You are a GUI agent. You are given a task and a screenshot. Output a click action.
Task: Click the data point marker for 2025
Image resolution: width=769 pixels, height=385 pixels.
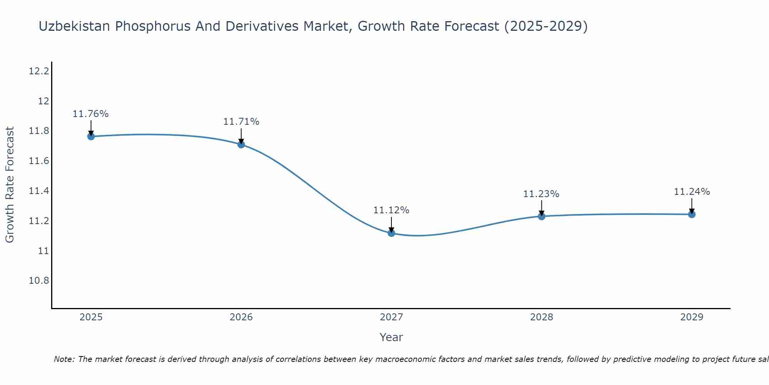(91, 136)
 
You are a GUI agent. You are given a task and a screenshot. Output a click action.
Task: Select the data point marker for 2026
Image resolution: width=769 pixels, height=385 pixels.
(241, 144)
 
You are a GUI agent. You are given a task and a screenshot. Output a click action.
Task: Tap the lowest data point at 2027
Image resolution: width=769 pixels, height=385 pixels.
(391, 233)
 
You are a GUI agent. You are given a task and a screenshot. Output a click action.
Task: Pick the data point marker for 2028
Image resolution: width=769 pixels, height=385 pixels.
(541, 216)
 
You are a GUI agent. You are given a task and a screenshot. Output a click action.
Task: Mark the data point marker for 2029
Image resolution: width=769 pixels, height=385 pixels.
(692, 214)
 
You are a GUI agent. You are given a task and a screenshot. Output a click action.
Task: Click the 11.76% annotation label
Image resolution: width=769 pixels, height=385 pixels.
(91, 114)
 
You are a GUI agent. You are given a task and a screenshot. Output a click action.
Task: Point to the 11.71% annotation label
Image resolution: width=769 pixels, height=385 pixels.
(241, 122)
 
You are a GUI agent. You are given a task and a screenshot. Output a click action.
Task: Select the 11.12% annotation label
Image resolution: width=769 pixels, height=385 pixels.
(391, 210)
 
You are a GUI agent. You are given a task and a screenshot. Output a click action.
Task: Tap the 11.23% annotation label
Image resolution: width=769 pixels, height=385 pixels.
(541, 194)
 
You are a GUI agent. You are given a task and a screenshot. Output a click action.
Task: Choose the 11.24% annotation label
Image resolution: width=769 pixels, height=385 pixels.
(692, 192)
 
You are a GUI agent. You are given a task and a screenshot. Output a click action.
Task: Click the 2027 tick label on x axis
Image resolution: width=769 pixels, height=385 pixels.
(391, 317)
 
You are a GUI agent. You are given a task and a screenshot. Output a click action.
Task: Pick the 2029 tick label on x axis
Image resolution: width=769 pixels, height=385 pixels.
(692, 317)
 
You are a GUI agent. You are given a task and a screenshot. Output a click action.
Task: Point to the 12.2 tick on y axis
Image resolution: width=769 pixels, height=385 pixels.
(39, 71)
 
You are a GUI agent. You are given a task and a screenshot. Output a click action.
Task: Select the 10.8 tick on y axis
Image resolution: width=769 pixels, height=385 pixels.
(39, 281)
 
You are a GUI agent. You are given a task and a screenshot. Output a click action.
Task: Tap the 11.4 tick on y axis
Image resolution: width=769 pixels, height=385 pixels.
(39, 191)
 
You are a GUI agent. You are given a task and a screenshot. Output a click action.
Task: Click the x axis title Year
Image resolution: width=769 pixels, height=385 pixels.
(391, 337)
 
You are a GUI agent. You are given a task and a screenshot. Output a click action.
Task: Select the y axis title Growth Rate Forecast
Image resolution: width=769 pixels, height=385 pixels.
(10, 185)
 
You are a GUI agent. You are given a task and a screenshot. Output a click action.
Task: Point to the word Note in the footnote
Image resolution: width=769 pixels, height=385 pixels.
(63, 359)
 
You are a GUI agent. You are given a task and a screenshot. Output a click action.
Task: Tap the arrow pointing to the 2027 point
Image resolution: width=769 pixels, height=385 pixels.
(391, 224)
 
